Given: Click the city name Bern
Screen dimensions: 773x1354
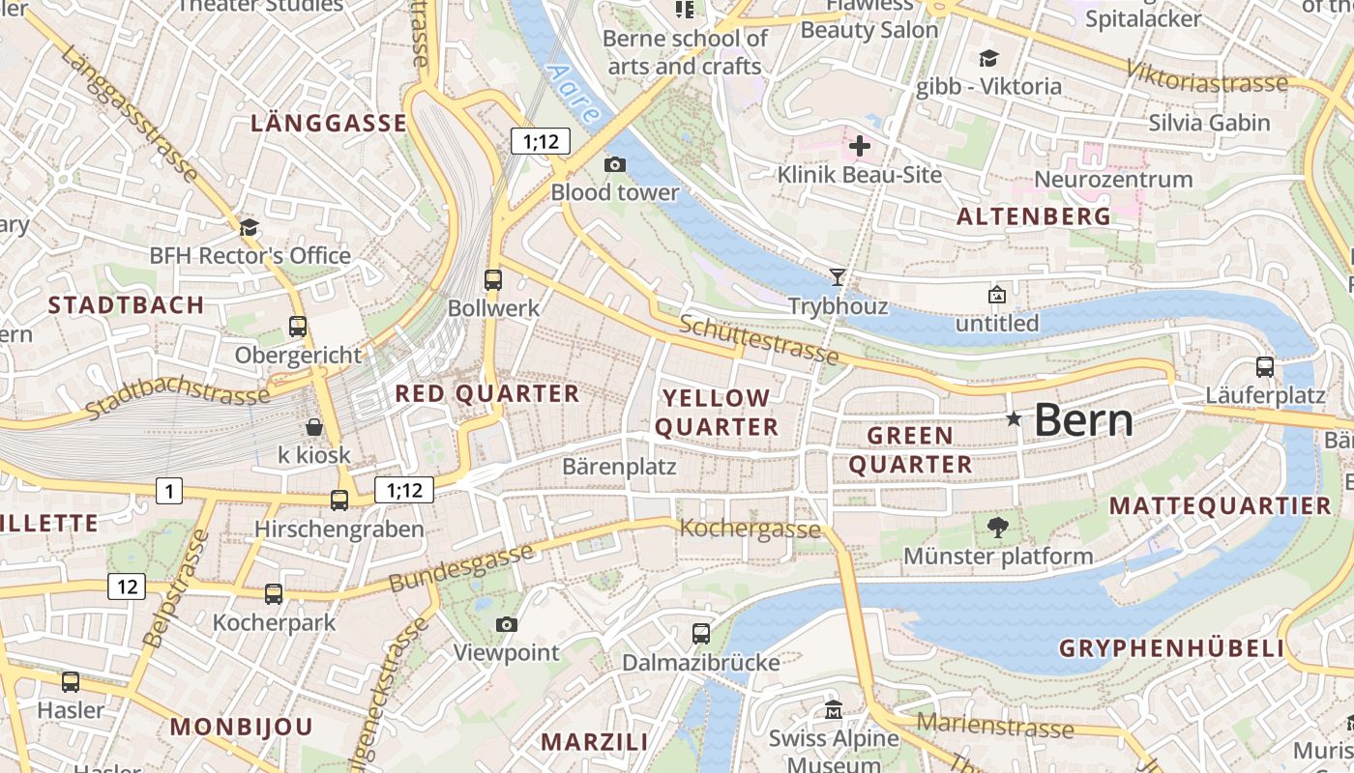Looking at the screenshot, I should tap(1083, 420).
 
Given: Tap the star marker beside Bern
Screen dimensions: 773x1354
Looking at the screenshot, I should tap(1014, 418).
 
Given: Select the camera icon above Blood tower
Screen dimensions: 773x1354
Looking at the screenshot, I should tap(614, 164).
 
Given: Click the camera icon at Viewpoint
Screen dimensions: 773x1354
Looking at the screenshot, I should tap(506, 625).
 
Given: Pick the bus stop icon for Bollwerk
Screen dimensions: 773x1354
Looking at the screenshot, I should tap(493, 280).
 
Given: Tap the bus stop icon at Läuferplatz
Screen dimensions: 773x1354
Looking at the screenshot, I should tap(1264, 367).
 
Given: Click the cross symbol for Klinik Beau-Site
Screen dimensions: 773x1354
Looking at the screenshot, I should tap(859, 147).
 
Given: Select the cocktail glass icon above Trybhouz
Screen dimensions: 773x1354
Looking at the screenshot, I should tap(838, 277).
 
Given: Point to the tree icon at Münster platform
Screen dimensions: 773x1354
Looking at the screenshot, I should tap(997, 528).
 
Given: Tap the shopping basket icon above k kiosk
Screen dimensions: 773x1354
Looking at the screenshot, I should tap(314, 426).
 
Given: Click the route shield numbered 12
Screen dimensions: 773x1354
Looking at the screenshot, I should tap(127, 587).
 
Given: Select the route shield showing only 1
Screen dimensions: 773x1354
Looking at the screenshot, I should tap(169, 492).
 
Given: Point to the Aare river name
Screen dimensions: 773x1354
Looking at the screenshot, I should tap(573, 93).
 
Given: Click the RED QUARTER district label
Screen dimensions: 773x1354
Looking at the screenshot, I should tap(486, 394).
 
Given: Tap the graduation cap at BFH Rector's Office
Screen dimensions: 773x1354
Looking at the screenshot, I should tap(250, 227).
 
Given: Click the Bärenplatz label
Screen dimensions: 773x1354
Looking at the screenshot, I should tap(619, 467).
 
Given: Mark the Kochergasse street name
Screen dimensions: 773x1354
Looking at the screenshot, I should tap(751, 529).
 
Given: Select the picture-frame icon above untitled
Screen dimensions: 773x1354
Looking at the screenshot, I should tap(996, 295).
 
